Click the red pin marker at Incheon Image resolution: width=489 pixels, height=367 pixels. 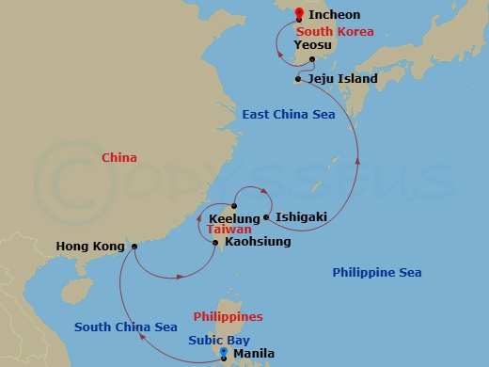tap(299, 14)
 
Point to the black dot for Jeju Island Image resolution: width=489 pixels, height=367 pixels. tap(297, 79)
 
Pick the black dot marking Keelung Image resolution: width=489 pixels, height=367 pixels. tap(234, 206)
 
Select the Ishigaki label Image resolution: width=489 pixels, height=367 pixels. tap(302, 217)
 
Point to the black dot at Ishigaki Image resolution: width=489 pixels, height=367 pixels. tap(268, 217)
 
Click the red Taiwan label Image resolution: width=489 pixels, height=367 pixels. tap(222, 229)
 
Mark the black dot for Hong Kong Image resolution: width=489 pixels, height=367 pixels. tap(134, 247)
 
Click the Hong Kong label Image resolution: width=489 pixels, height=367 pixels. tap(90, 247)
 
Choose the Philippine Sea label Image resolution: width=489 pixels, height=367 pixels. tap(377, 273)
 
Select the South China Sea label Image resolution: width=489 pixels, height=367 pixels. tap(126, 327)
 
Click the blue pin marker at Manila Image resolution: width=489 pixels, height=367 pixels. tap(224, 354)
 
